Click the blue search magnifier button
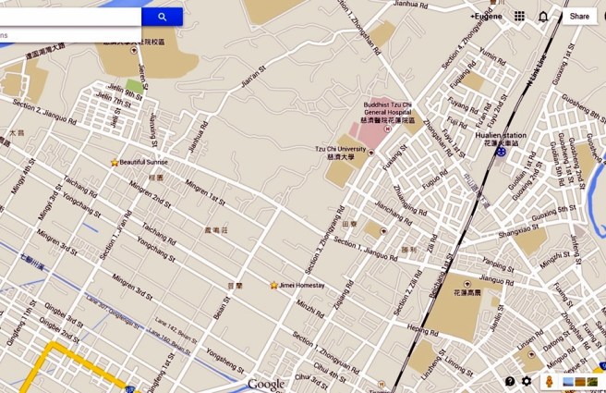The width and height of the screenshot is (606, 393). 163,17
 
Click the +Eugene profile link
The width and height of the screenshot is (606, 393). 487,17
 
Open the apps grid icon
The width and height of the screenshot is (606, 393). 520,17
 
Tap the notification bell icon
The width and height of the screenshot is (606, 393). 543,17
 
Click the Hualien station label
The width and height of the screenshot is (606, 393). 500,135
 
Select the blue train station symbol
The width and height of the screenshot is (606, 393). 501,151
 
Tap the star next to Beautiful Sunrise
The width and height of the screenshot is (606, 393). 115,162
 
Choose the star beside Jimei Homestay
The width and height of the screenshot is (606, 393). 273,285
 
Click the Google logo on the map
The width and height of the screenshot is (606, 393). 266,384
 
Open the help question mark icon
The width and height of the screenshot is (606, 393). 510,381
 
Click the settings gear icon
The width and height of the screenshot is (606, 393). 527,381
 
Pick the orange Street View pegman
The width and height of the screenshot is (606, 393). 551,381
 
